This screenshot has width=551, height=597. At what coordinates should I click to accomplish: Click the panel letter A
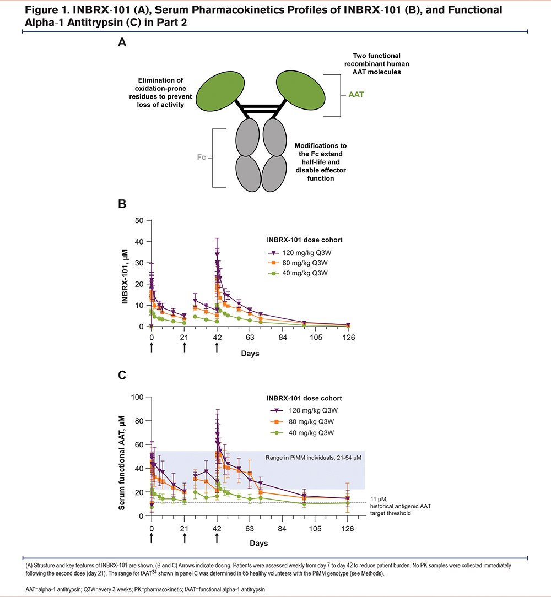[x=122, y=42]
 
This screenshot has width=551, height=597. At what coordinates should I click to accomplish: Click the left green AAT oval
[x=220, y=91]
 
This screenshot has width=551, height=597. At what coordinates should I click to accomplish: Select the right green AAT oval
[x=301, y=91]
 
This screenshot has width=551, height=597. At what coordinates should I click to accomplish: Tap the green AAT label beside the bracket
[x=356, y=94]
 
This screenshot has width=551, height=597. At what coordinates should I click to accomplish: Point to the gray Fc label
[x=202, y=157]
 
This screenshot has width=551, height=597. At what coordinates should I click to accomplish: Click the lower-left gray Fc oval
[x=248, y=173]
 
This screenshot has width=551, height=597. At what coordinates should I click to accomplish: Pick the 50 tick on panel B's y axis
[x=139, y=220]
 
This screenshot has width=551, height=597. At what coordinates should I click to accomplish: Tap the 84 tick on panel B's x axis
[x=282, y=338]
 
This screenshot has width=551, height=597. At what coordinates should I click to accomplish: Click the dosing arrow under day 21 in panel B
[x=185, y=348]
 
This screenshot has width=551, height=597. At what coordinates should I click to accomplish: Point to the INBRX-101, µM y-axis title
[x=125, y=276]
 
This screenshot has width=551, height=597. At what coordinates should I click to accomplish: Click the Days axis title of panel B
[x=250, y=354]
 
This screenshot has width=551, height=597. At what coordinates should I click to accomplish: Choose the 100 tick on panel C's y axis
[x=137, y=397]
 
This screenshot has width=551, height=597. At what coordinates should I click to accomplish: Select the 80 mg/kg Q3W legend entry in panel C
[x=304, y=421]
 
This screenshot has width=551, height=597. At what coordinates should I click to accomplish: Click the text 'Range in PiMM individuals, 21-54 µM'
[x=313, y=458]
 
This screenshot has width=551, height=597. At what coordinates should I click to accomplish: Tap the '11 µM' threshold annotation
[x=379, y=499]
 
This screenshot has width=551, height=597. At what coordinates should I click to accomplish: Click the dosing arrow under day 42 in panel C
[x=217, y=538]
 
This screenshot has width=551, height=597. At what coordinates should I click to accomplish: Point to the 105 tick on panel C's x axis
[x=315, y=529]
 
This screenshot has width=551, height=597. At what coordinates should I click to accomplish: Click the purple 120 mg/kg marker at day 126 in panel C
[x=348, y=498]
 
